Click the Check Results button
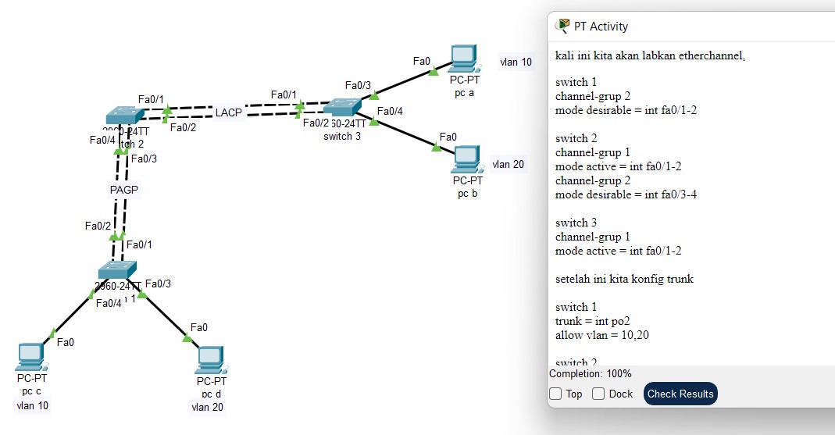680,394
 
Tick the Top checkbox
555,394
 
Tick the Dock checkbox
598,394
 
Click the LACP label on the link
229,112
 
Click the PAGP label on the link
124,189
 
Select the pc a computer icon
463,58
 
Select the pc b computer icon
466,159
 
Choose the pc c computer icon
30,357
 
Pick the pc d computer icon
210,359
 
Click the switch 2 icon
125,116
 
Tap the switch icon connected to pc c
117,270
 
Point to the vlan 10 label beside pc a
516,62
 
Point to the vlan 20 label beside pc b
508,164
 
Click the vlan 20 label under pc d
207,407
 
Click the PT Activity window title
601,27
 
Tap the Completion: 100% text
591,374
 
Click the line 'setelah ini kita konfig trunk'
624,279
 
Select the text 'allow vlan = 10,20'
602,335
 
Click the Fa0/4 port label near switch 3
390,111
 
